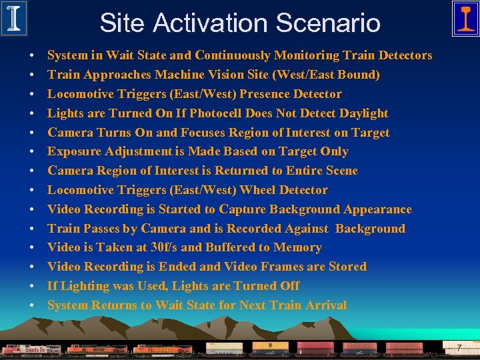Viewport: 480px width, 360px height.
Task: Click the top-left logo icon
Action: tap(14, 18)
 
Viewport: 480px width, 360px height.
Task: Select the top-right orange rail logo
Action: tap(465, 18)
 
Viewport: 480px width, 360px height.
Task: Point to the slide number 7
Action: tap(459, 347)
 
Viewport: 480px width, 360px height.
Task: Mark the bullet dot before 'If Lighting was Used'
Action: tap(33, 287)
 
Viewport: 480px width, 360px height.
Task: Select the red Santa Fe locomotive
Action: tap(30, 349)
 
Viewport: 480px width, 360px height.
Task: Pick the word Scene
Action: tap(339, 171)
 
